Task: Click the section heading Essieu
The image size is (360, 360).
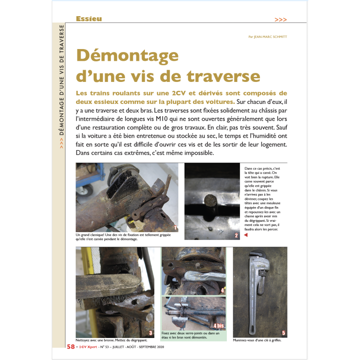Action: tap(89, 19)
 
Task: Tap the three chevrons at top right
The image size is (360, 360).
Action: tap(280, 20)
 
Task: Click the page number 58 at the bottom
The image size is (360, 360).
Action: tap(71, 347)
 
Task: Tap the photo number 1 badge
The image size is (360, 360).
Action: tap(175, 228)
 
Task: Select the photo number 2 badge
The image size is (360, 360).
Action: tap(236, 235)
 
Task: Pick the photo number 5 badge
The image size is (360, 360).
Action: tap(283, 333)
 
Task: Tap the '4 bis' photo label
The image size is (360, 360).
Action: tap(218, 325)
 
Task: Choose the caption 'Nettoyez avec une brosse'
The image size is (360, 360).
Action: tap(105, 340)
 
